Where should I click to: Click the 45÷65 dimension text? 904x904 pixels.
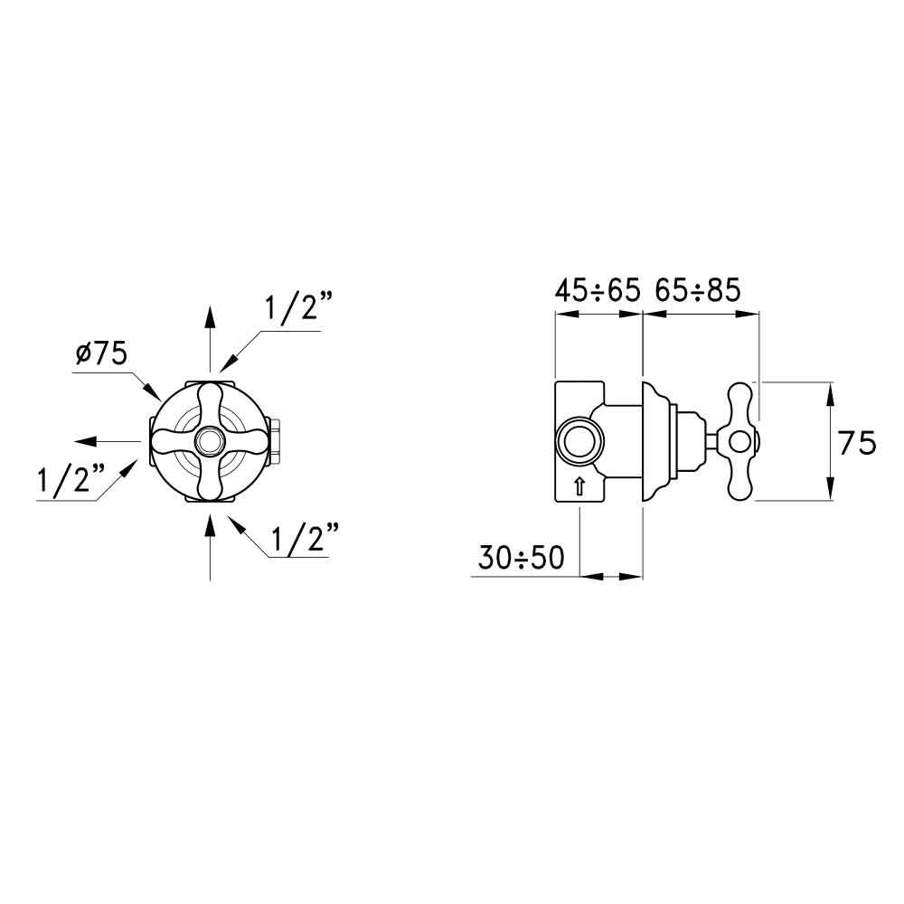(x=597, y=290)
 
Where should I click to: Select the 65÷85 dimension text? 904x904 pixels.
(x=697, y=290)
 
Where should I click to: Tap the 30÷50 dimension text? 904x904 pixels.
(x=520, y=559)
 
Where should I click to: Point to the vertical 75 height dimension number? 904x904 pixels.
(x=856, y=443)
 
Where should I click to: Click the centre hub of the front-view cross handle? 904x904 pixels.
(x=210, y=441)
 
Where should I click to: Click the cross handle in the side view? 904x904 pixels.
(x=739, y=441)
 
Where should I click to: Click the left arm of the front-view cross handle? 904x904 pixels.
(x=167, y=441)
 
